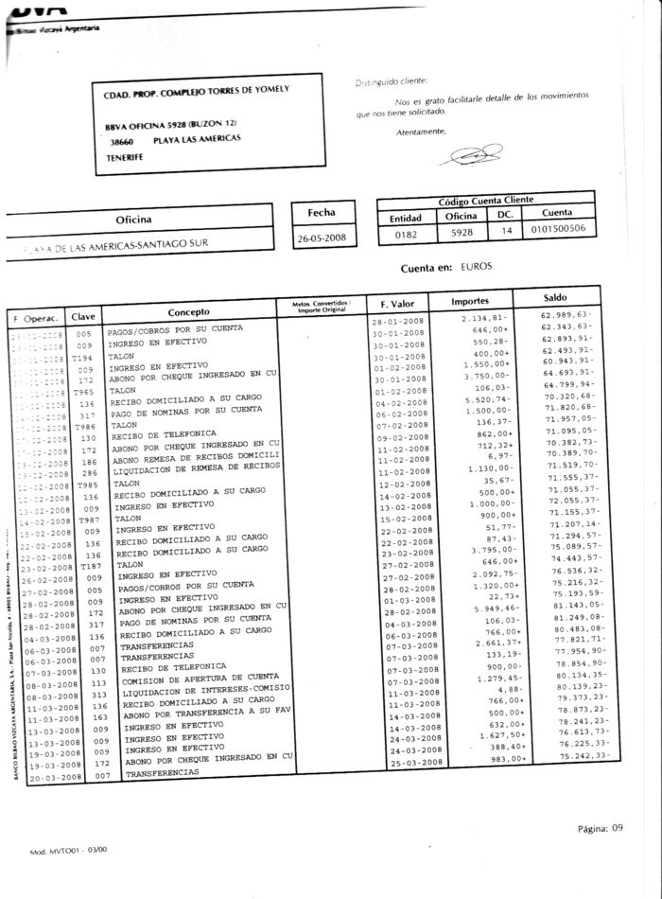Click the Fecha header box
[x=322, y=213]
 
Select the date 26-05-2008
[x=322, y=238]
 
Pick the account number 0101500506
[x=557, y=228]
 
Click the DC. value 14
[x=505, y=228]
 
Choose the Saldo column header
[x=549, y=298]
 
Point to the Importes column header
[x=469, y=301]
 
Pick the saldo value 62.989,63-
[x=566, y=314]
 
